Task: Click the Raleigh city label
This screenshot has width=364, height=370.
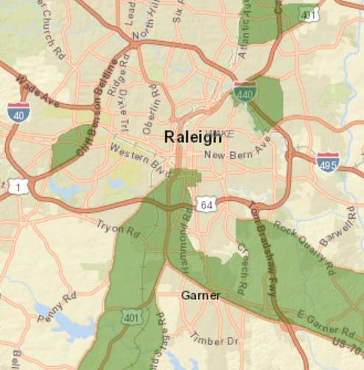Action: pos(193,137)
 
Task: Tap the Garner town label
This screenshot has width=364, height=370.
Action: pos(201,296)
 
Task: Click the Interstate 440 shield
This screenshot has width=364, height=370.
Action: pos(245,92)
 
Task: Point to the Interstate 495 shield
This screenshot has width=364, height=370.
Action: pos(328,162)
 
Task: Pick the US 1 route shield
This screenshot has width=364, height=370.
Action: pos(18,187)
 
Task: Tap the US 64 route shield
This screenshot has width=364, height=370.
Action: pos(206,205)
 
